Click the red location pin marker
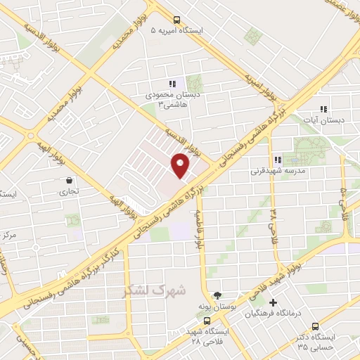tap(181, 165)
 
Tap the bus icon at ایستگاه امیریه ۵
tap(176, 20)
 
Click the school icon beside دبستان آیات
tap(323, 109)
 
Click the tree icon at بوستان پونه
tap(217, 295)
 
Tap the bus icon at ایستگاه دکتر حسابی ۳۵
tap(314, 326)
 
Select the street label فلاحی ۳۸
tap(274, 215)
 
